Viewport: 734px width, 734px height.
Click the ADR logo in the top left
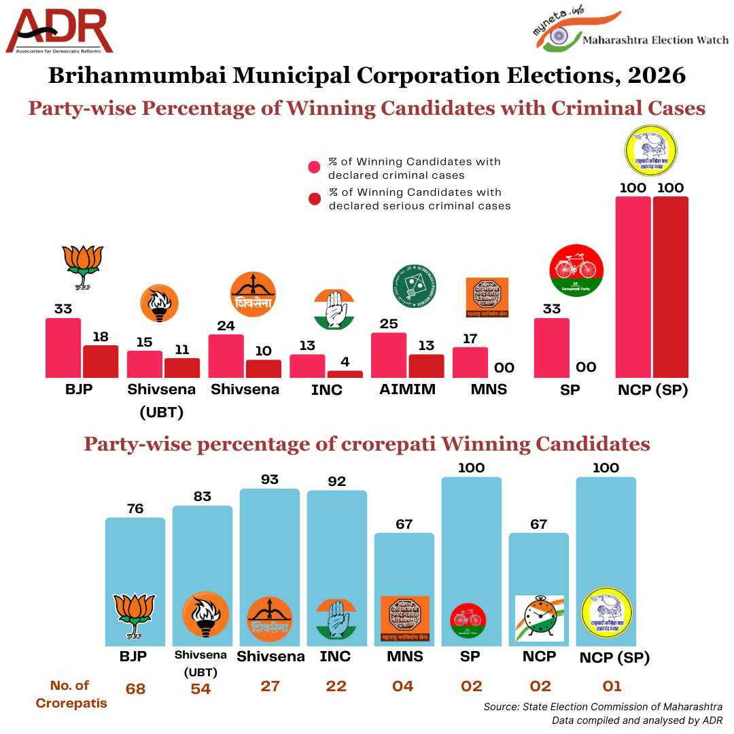click(60, 31)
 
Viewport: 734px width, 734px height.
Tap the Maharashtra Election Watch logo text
click(655, 40)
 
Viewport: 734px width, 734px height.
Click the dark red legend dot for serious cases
click(314, 199)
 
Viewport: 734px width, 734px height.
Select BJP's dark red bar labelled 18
click(101, 362)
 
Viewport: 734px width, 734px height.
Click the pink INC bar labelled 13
click(307, 366)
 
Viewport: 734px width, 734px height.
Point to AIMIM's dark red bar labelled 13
click(426, 366)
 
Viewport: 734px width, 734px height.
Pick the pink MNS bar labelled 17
click(470, 362)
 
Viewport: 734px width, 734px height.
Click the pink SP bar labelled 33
click(552, 347)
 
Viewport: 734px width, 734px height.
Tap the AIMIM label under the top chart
click(408, 390)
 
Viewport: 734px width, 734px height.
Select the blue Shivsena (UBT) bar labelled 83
click(203, 575)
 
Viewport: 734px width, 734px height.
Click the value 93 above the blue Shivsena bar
click(270, 480)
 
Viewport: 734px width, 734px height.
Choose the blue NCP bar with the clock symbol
click(540, 589)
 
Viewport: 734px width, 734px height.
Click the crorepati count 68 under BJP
click(135, 688)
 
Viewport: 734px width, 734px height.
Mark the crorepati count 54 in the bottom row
click(201, 688)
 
